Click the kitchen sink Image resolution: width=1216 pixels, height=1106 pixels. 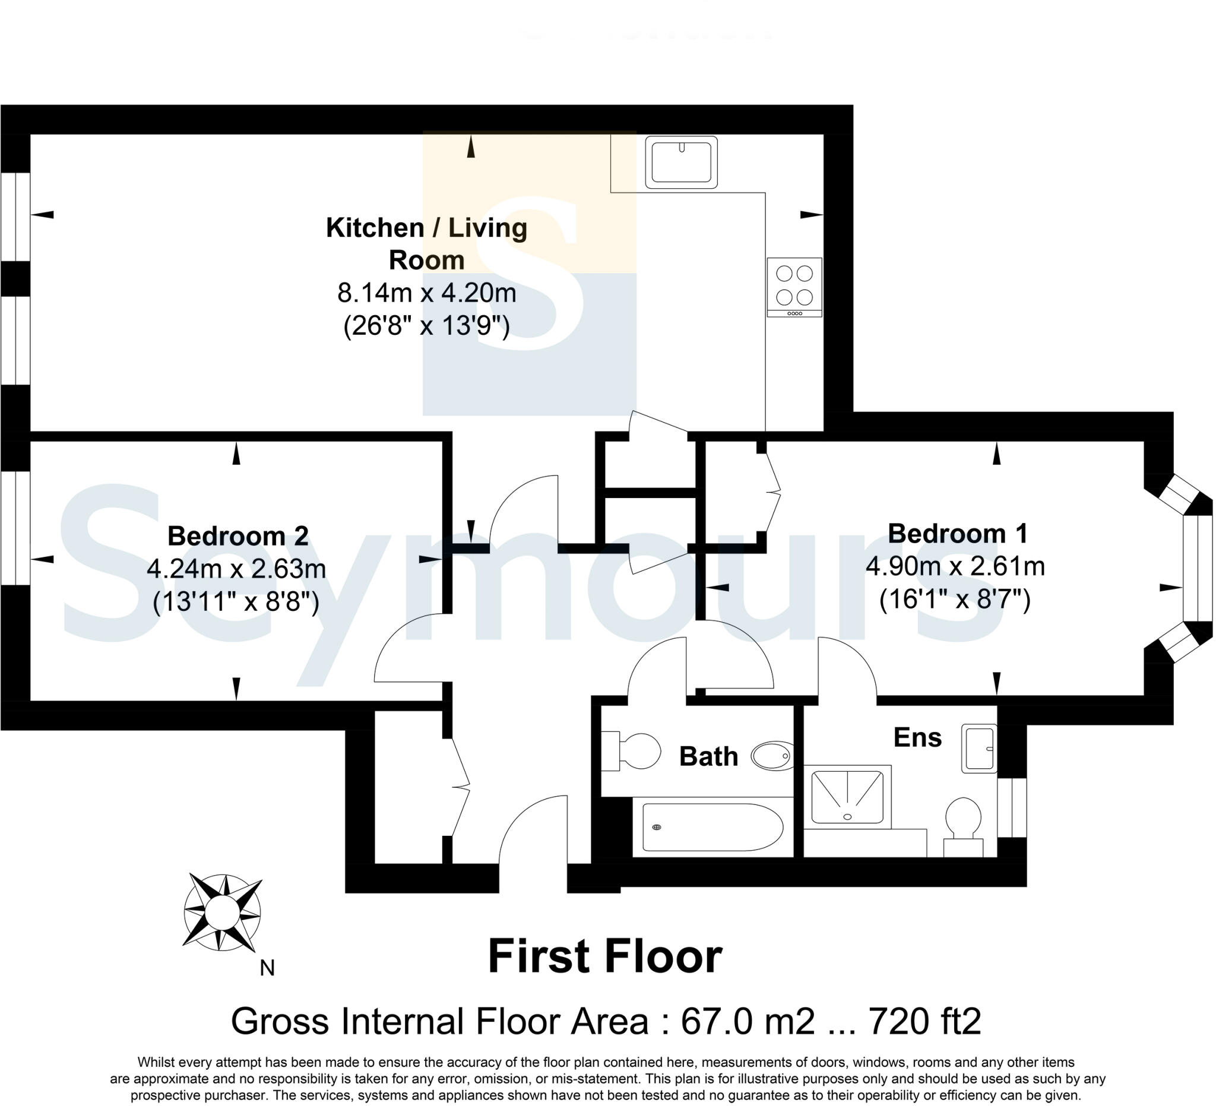[681, 161]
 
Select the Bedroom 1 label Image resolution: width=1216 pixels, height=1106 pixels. [957, 534]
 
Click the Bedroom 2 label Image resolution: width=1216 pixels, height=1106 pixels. [237, 536]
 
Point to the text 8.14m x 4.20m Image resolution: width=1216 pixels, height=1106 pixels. [426, 294]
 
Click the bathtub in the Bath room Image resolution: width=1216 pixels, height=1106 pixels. [712, 828]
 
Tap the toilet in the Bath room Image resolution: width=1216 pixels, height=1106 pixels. [634, 752]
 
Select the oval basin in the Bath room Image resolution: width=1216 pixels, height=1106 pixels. [772, 756]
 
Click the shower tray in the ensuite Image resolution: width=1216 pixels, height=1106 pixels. [847, 797]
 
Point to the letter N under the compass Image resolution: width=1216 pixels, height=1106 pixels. [267, 968]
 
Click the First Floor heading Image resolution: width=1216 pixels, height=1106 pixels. [604, 957]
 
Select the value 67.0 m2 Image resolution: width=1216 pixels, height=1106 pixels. [748, 1022]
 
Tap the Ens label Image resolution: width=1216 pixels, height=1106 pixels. [917, 737]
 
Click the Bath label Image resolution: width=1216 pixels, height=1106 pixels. [708, 757]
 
